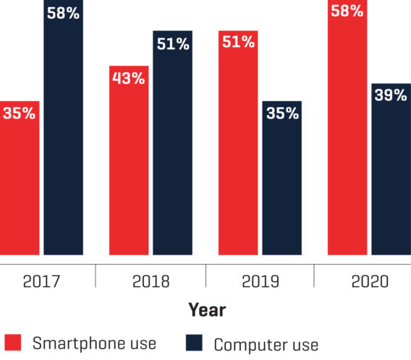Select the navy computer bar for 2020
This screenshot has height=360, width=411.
391,169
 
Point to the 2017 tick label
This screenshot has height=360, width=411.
41,281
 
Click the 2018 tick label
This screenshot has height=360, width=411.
150,281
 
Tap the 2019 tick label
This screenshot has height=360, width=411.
259,281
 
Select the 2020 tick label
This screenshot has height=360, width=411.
368,281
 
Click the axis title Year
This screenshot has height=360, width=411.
207,310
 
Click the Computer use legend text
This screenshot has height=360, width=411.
266,345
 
